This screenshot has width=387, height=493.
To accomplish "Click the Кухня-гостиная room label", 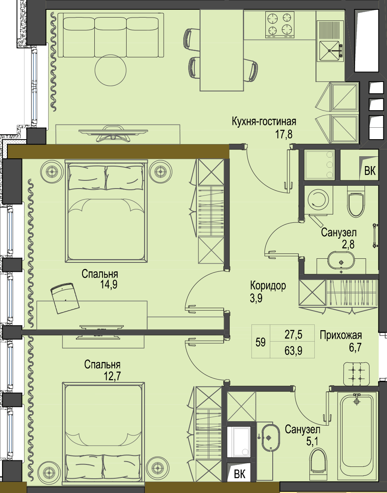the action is pos(264,122).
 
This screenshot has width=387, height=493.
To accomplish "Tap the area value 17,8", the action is pos(284,134).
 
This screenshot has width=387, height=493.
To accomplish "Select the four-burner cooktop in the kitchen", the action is pos(280,25).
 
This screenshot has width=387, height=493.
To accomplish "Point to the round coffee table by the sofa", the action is pos(111,70).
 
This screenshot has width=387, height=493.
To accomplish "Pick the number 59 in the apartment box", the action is pos(260,342).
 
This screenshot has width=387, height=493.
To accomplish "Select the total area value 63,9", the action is pos(294,351).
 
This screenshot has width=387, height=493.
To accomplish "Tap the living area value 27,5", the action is pos(294,335).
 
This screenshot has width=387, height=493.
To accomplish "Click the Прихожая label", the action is pos(341,335).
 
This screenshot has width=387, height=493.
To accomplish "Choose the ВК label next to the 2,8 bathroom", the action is pos(370,171).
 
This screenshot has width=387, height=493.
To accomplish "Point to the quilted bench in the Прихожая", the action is pos(356,374).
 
